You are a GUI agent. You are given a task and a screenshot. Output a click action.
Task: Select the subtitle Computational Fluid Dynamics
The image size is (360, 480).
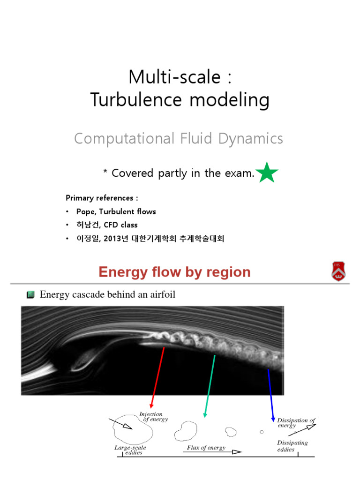coord(179,138)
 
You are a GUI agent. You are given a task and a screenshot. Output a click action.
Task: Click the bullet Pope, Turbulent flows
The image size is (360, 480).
coord(116,211)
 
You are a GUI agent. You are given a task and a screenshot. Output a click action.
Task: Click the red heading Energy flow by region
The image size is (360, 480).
coord(174,272)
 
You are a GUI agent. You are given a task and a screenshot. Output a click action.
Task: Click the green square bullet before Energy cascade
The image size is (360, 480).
coord(30,294)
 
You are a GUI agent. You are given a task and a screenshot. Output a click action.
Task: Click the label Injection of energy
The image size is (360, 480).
coord(152,417)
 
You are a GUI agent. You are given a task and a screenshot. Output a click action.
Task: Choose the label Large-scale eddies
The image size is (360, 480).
coord(130,450)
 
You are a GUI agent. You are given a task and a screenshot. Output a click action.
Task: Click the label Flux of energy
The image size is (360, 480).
coord(206,448)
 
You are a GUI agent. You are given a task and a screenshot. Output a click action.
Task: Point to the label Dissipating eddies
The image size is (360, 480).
coord(292,446)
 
